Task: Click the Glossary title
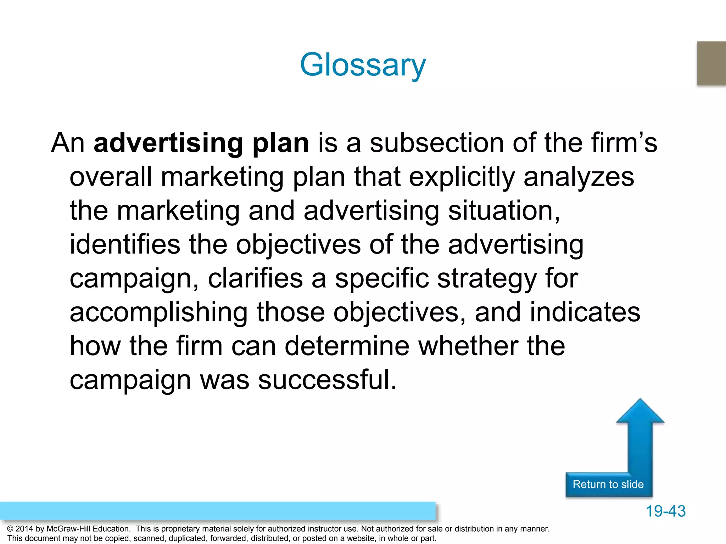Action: (x=363, y=65)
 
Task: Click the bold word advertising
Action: (x=168, y=143)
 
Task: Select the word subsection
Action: (x=437, y=143)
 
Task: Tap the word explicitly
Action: (x=462, y=177)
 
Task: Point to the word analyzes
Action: (x=579, y=177)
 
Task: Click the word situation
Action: (x=504, y=211)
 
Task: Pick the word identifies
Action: (x=125, y=245)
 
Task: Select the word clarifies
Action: (x=255, y=278)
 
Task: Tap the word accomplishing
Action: (x=158, y=312)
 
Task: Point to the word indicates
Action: (x=585, y=312)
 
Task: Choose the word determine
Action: (x=347, y=346)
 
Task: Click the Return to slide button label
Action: (x=608, y=484)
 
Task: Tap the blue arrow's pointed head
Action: (x=640, y=411)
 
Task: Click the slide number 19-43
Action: (x=665, y=511)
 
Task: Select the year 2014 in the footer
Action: (x=24, y=529)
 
